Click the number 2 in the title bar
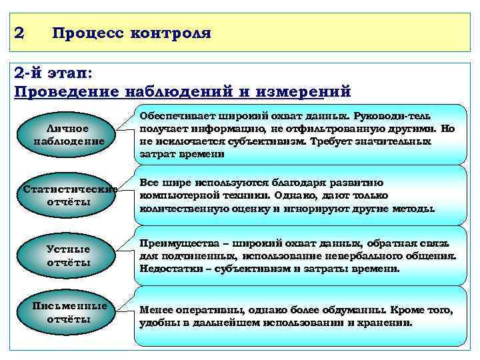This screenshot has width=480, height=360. click(x=20, y=32)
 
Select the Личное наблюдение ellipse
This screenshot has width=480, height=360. click(x=69, y=135)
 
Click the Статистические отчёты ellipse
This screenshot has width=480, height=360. click(x=69, y=195)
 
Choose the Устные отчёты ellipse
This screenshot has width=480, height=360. click(x=69, y=256)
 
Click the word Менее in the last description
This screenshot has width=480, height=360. click(x=154, y=311)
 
